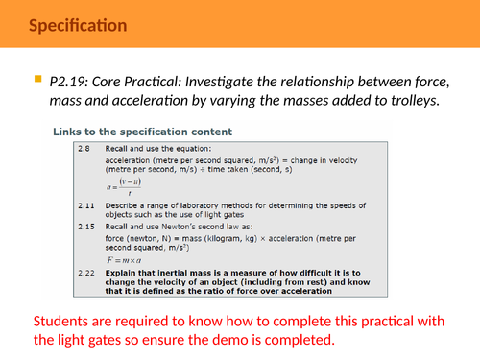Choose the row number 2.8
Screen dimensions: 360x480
(x=84, y=151)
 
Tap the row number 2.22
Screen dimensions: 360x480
(x=86, y=274)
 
